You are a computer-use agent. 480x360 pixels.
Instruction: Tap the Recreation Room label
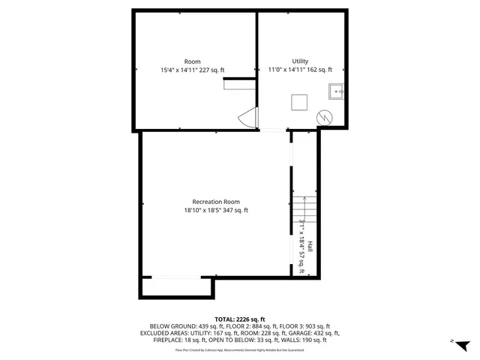pos(216,201)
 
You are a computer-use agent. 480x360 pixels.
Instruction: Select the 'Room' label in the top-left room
pos(192,61)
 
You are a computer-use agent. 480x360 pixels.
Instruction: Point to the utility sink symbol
pos(337,92)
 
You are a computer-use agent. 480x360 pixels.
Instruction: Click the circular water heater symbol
pos(324,117)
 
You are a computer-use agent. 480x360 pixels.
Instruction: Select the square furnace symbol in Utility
pos(299,102)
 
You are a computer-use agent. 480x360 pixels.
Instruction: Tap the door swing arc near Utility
pos(247,118)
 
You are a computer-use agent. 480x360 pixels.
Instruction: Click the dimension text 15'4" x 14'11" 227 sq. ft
pos(192,70)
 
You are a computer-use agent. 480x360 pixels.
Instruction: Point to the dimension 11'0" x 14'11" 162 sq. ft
pos(300,70)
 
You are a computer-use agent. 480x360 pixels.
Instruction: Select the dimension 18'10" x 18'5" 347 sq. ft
pos(216,210)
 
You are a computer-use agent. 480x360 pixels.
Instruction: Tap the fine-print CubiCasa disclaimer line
pos(239,349)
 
